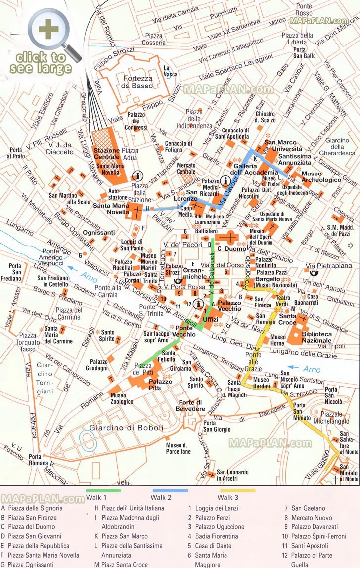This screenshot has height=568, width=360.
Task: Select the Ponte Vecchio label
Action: (x=183, y=331)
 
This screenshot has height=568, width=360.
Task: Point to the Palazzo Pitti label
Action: (x=161, y=385)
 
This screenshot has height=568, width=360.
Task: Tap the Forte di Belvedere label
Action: (x=192, y=405)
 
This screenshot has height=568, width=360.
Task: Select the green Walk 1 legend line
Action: (x=103, y=490)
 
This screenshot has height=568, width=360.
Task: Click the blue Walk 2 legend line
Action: (x=170, y=490)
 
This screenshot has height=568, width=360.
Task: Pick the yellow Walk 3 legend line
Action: (x=237, y=490)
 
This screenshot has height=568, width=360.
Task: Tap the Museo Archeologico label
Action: (x=321, y=177)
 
